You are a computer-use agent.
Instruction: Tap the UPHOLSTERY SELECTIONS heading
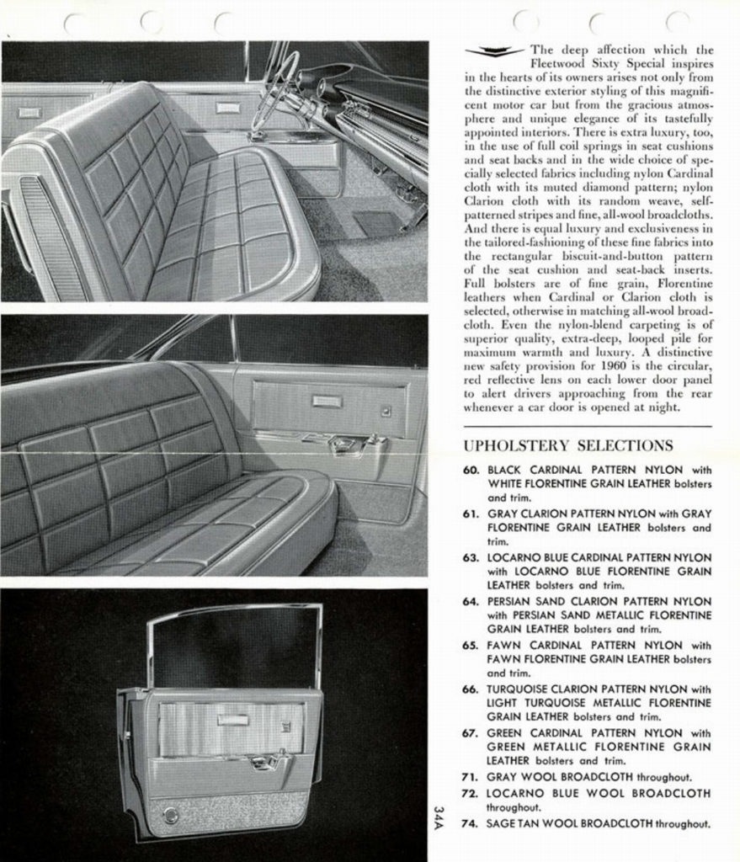[x=568, y=445]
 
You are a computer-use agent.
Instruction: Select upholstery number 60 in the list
[x=471, y=470]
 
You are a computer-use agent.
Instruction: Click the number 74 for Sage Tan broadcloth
[x=471, y=823]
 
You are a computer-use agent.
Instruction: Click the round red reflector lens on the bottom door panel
[x=172, y=815]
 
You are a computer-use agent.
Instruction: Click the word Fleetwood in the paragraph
[x=562, y=63]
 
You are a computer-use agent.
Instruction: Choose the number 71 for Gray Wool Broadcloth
[x=471, y=777]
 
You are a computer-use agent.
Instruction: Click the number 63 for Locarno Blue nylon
[x=471, y=557]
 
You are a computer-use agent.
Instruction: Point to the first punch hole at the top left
[x=74, y=23]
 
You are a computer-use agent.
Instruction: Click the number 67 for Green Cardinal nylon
[x=471, y=732]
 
